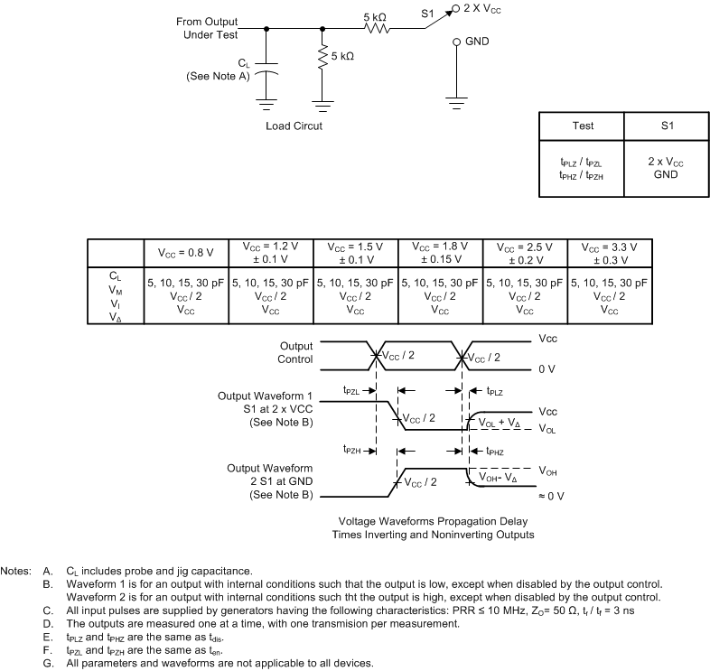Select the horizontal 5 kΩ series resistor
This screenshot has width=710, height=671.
click(x=377, y=28)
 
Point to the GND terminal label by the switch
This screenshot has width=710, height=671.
click(x=479, y=42)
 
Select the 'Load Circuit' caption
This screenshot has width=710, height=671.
click(x=294, y=126)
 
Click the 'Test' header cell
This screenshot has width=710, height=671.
click(x=583, y=126)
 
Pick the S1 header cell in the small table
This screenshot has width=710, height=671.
click(x=667, y=126)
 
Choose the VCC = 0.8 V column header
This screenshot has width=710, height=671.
click(x=186, y=253)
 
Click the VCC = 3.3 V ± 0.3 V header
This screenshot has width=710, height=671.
click(x=609, y=253)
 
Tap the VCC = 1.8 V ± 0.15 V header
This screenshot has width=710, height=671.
click(x=440, y=253)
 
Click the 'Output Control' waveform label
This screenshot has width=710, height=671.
click(x=295, y=352)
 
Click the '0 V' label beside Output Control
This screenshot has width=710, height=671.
click(x=546, y=369)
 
